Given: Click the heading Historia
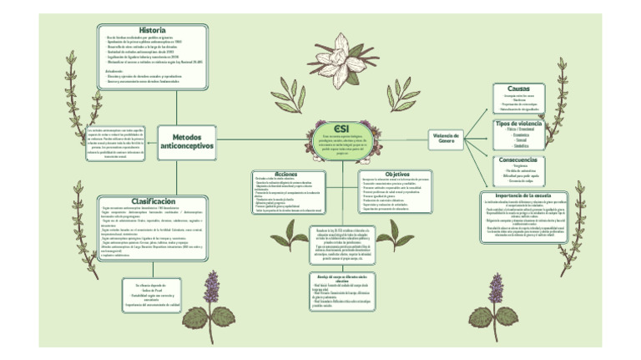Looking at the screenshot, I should click(x=153, y=30).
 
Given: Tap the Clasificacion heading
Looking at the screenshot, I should click(x=153, y=201).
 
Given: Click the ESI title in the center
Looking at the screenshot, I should click(x=340, y=124).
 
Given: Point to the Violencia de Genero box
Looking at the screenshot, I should click(x=447, y=137).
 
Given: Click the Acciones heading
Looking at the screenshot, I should click(x=286, y=174).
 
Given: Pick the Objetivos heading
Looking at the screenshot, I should click(x=397, y=174).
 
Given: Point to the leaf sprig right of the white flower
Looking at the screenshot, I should click(x=399, y=94).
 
